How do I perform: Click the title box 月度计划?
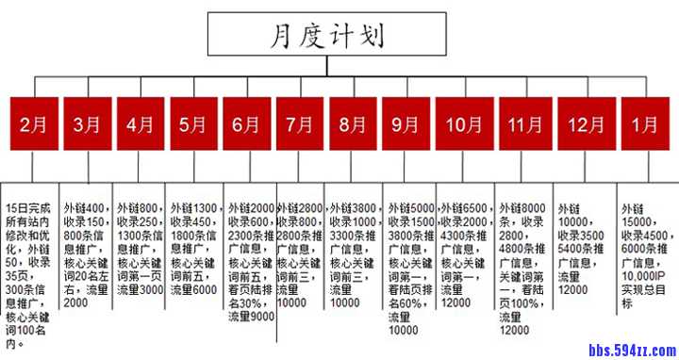pos(327,37)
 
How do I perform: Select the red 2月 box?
pos(33,124)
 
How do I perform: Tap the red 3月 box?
pos(86,124)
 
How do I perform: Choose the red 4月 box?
pos(140,124)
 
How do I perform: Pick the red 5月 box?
pos(192,124)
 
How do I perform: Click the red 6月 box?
pos(246,124)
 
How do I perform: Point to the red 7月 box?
pos(299,124)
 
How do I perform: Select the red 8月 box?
pos(353,124)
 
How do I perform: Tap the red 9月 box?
pos(406,124)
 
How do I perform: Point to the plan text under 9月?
pos(411,268)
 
